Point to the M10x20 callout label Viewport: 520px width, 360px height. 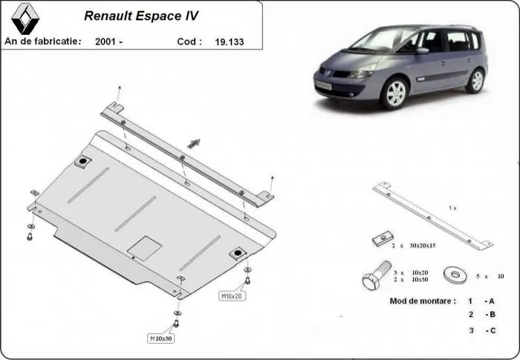231,295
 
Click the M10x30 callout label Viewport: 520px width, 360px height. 161,338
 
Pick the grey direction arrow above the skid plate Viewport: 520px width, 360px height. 195,143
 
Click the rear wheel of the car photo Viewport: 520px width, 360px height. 475,80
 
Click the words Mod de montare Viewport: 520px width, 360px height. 422,301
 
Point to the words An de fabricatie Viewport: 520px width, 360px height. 43,42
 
